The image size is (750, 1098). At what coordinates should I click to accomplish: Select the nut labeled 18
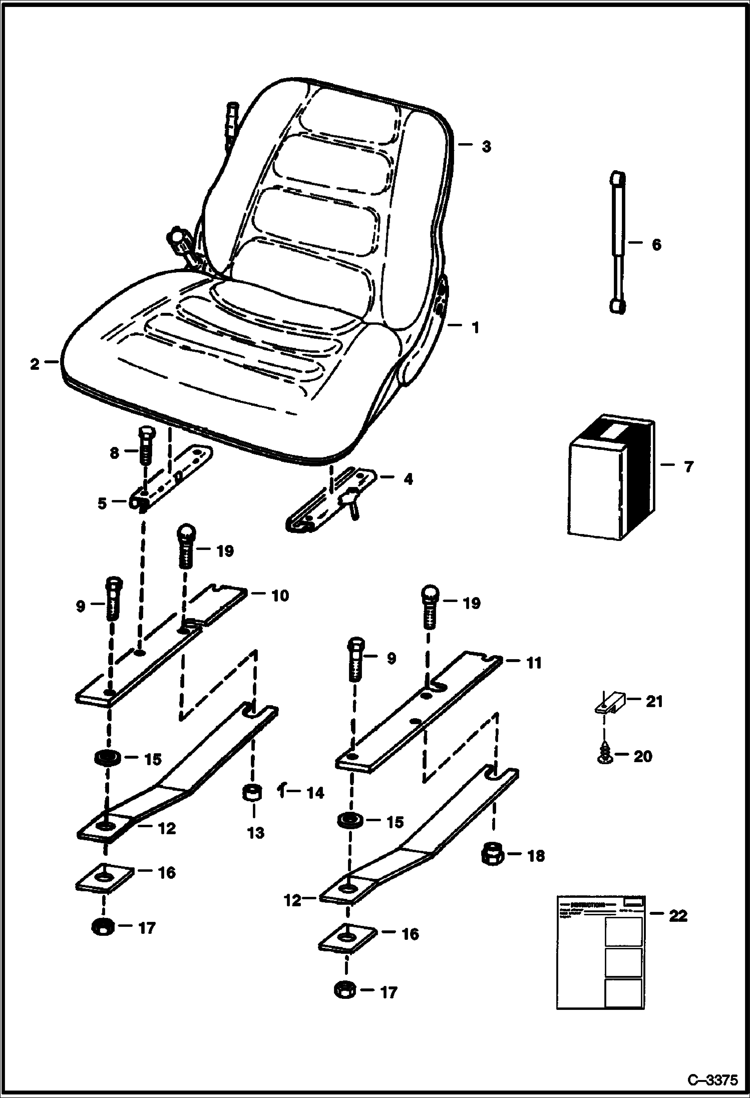click(x=492, y=855)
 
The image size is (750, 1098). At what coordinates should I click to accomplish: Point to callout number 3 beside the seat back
click(x=486, y=147)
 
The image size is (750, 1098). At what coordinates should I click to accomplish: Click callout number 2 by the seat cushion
click(x=34, y=364)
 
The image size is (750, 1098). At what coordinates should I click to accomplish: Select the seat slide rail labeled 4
click(x=330, y=498)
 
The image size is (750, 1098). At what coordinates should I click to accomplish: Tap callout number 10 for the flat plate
click(x=280, y=596)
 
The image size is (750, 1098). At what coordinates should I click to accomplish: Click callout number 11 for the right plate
click(x=534, y=663)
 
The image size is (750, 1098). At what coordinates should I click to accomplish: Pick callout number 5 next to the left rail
click(x=102, y=503)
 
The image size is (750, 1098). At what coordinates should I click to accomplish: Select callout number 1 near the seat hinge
click(x=475, y=327)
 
